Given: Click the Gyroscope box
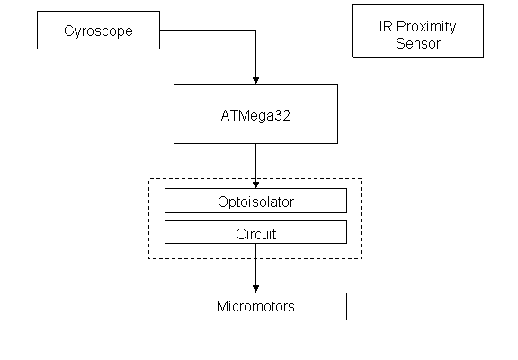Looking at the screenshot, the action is tap(98, 30).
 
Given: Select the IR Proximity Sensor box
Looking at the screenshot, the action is tap(417, 31).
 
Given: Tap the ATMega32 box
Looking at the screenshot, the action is tap(255, 113).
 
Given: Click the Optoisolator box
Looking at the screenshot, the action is tap(255, 201).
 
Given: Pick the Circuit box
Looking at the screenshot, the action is tap(255, 232).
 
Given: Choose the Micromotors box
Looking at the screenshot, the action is tap(255, 306).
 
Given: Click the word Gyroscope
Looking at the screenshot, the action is tap(98, 31).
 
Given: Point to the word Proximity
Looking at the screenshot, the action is tap(426, 27).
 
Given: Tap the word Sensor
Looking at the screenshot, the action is tap(418, 43).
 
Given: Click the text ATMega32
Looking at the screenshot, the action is tap(255, 116).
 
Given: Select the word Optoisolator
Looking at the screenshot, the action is tap(255, 202).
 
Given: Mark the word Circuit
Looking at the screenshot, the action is tap(256, 234).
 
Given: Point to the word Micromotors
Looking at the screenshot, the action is tap(255, 306).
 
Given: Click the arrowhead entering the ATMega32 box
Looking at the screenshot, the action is tap(255, 81).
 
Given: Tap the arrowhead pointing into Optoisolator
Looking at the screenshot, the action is tap(255, 185).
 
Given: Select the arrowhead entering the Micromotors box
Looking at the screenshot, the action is tap(255, 289).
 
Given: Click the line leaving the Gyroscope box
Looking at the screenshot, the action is tap(208, 30).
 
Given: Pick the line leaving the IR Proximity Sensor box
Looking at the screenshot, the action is tap(304, 31).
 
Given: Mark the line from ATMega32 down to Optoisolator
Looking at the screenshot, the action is tap(255, 163).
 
